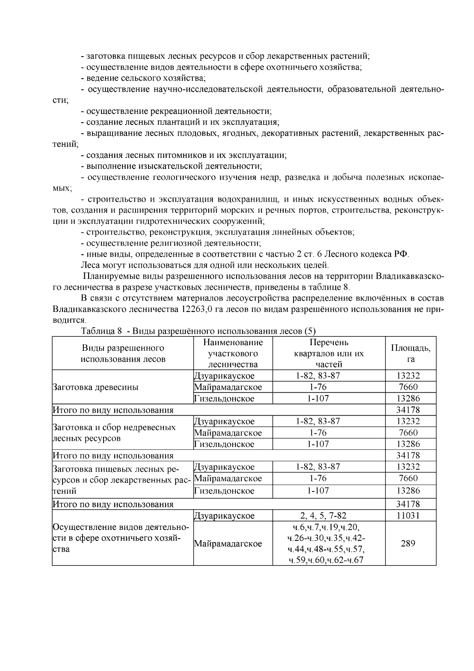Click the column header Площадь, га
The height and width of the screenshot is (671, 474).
410,353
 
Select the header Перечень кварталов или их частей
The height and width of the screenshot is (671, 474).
329,353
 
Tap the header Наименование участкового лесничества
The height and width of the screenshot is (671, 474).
233,353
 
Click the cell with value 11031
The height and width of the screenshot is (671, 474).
410,516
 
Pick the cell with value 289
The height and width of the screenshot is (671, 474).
410,543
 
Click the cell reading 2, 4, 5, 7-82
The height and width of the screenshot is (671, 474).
329,516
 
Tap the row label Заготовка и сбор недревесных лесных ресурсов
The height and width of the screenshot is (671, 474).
114,433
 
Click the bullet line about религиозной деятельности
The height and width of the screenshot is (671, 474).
174,243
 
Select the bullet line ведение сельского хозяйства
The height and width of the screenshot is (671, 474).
146,78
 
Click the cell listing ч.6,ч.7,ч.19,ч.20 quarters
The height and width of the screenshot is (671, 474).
329,543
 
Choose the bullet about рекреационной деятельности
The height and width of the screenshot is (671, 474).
179,111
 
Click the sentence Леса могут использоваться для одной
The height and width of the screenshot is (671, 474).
205,265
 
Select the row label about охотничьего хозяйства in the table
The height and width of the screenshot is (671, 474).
120,538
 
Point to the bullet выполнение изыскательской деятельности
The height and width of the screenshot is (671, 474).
174,166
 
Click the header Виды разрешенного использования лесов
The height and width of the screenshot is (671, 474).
123,353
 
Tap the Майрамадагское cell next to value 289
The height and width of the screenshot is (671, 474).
228,544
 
